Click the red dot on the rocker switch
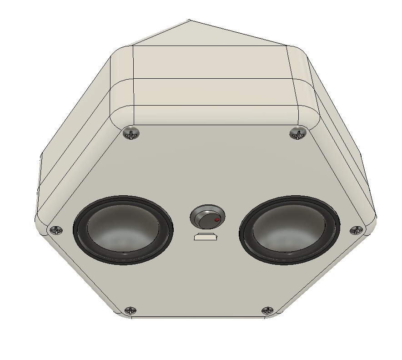[217, 221]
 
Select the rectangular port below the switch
[206, 237]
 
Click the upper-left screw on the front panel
[131, 133]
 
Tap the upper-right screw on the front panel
[297, 133]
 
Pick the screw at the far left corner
[56, 230]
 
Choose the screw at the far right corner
[355, 230]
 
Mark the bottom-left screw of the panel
[131, 311]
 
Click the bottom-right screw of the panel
[267, 311]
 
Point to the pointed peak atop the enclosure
[190, 20]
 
